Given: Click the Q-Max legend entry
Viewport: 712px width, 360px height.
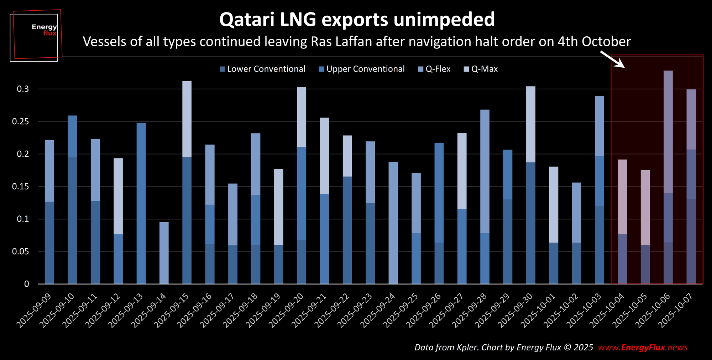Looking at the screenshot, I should pyautogui.click(x=481, y=69).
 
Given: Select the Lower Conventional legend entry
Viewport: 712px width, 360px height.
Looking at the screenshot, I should pyautogui.click(x=263, y=69).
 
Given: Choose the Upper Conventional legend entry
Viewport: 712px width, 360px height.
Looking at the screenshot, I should pyautogui.click(x=362, y=69).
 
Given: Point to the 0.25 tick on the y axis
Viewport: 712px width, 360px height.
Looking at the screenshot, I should pyautogui.click(x=20, y=122).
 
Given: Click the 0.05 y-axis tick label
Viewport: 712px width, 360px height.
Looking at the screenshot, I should pyautogui.click(x=20, y=252).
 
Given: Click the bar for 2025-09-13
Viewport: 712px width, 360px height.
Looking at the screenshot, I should pyautogui.click(x=141, y=203).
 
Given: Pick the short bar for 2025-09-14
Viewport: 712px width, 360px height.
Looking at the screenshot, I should pyautogui.click(x=164, y=253).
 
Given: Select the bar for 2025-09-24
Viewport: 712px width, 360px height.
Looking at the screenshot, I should pyautogui.click(x=393, y=223).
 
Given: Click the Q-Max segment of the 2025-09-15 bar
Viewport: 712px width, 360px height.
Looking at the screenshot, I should pyautogui.click(x=187, y=119).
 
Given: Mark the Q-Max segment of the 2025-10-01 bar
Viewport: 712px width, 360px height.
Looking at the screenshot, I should pyautogui.click(x=554, y=204).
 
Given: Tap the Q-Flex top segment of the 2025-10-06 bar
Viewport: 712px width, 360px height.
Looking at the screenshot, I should pyautogui.click(x=668, y=132).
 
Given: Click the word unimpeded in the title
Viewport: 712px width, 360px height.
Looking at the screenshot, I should pyautogui.click(x=444, y=20).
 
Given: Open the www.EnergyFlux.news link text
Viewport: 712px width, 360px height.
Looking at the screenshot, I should pyautogui.click(x=643, y=348).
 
